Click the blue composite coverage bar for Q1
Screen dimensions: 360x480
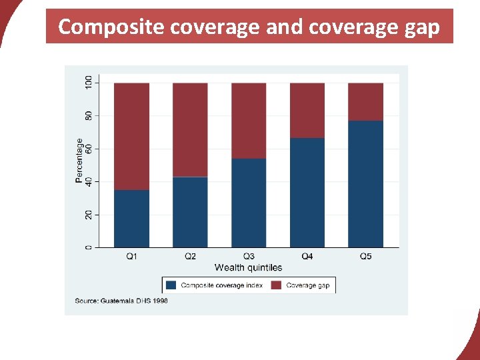click(131, 219)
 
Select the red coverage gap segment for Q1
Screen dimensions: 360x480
click(131, 137)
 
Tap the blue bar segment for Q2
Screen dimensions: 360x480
click(190, 212)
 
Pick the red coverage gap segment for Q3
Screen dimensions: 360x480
click(249, 121)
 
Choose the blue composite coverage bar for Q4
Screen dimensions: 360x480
click(307, 193)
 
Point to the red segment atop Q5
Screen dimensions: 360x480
click(365, 102)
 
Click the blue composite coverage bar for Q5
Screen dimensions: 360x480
click(365, 184)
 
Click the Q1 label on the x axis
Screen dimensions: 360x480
click(131, 257)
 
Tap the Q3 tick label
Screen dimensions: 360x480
click(249, 257)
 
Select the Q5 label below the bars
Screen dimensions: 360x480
click(365, 257)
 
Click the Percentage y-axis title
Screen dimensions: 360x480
click(79, 161)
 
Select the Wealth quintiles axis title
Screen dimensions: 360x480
click(248, 267)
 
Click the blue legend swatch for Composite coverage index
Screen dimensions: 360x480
click(171, 285)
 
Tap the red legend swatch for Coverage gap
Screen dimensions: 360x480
click(277, 285)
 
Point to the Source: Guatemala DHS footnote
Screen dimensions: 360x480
click(121, 301)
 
